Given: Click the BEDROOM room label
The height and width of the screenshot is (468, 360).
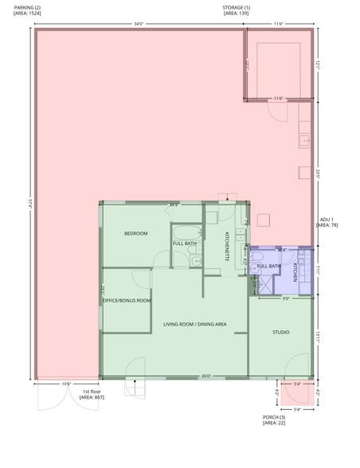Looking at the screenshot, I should pyautogui.click(x=135, y=233).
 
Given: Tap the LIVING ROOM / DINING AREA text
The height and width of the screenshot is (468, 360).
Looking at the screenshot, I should pyautogui.click(x=195, y=324).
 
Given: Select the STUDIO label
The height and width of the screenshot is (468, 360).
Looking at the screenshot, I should pyautogui.click(x=280, y=332).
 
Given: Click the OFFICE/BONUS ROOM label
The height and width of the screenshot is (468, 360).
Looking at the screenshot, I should pyautogui.click(x=127, y=300).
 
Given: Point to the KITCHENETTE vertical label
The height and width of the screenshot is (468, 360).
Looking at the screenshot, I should pyautogui.click(x=227, y=247).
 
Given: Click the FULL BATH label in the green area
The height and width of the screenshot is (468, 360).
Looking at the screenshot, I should pyautogui.click(x=185, y=243).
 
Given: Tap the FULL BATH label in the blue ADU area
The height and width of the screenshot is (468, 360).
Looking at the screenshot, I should pyautogui.click(x=268, y=266).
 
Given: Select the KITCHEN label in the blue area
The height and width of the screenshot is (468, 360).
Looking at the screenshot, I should pyautogui.click(x=295, y=272).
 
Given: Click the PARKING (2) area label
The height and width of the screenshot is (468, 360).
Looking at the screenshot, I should pyautogui.click(x=28, y=10).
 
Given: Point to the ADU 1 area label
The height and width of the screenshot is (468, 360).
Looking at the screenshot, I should pyautogui.click(x=327, y=221).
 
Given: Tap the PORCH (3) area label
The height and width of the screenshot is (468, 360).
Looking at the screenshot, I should pyautogui.click(x=274, y=419).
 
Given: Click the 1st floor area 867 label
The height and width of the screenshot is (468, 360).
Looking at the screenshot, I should pyautogui.click(x=92, y=393).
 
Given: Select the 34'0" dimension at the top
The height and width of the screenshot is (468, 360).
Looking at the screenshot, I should pyautogui.click(x=138, y=24).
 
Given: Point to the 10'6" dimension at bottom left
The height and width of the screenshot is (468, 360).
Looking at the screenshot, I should pyautogui.click(x=66, y=384).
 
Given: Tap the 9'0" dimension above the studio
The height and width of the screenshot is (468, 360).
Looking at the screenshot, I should pyautogui.click(x=285, y=299).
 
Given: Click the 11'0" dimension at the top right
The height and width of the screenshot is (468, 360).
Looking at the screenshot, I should pyautogui.click(x=278, y=24).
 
